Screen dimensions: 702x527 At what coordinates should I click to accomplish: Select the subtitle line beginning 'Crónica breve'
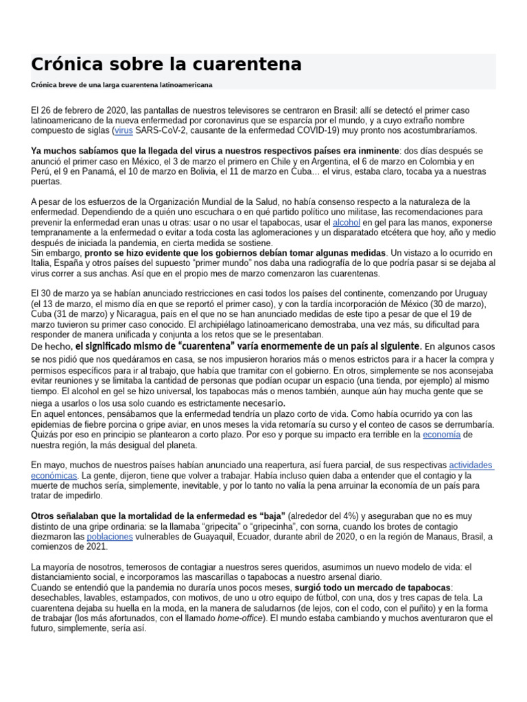(121, 84)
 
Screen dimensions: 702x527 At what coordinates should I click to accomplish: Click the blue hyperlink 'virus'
(124, 130)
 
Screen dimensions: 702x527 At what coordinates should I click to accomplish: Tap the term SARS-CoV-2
(160, 130)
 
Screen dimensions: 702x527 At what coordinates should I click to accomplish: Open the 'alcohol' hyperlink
(347, 222)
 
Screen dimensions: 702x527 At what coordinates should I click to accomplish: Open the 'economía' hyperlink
(441, 434)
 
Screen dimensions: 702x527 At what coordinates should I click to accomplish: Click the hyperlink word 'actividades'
(471, 465)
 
